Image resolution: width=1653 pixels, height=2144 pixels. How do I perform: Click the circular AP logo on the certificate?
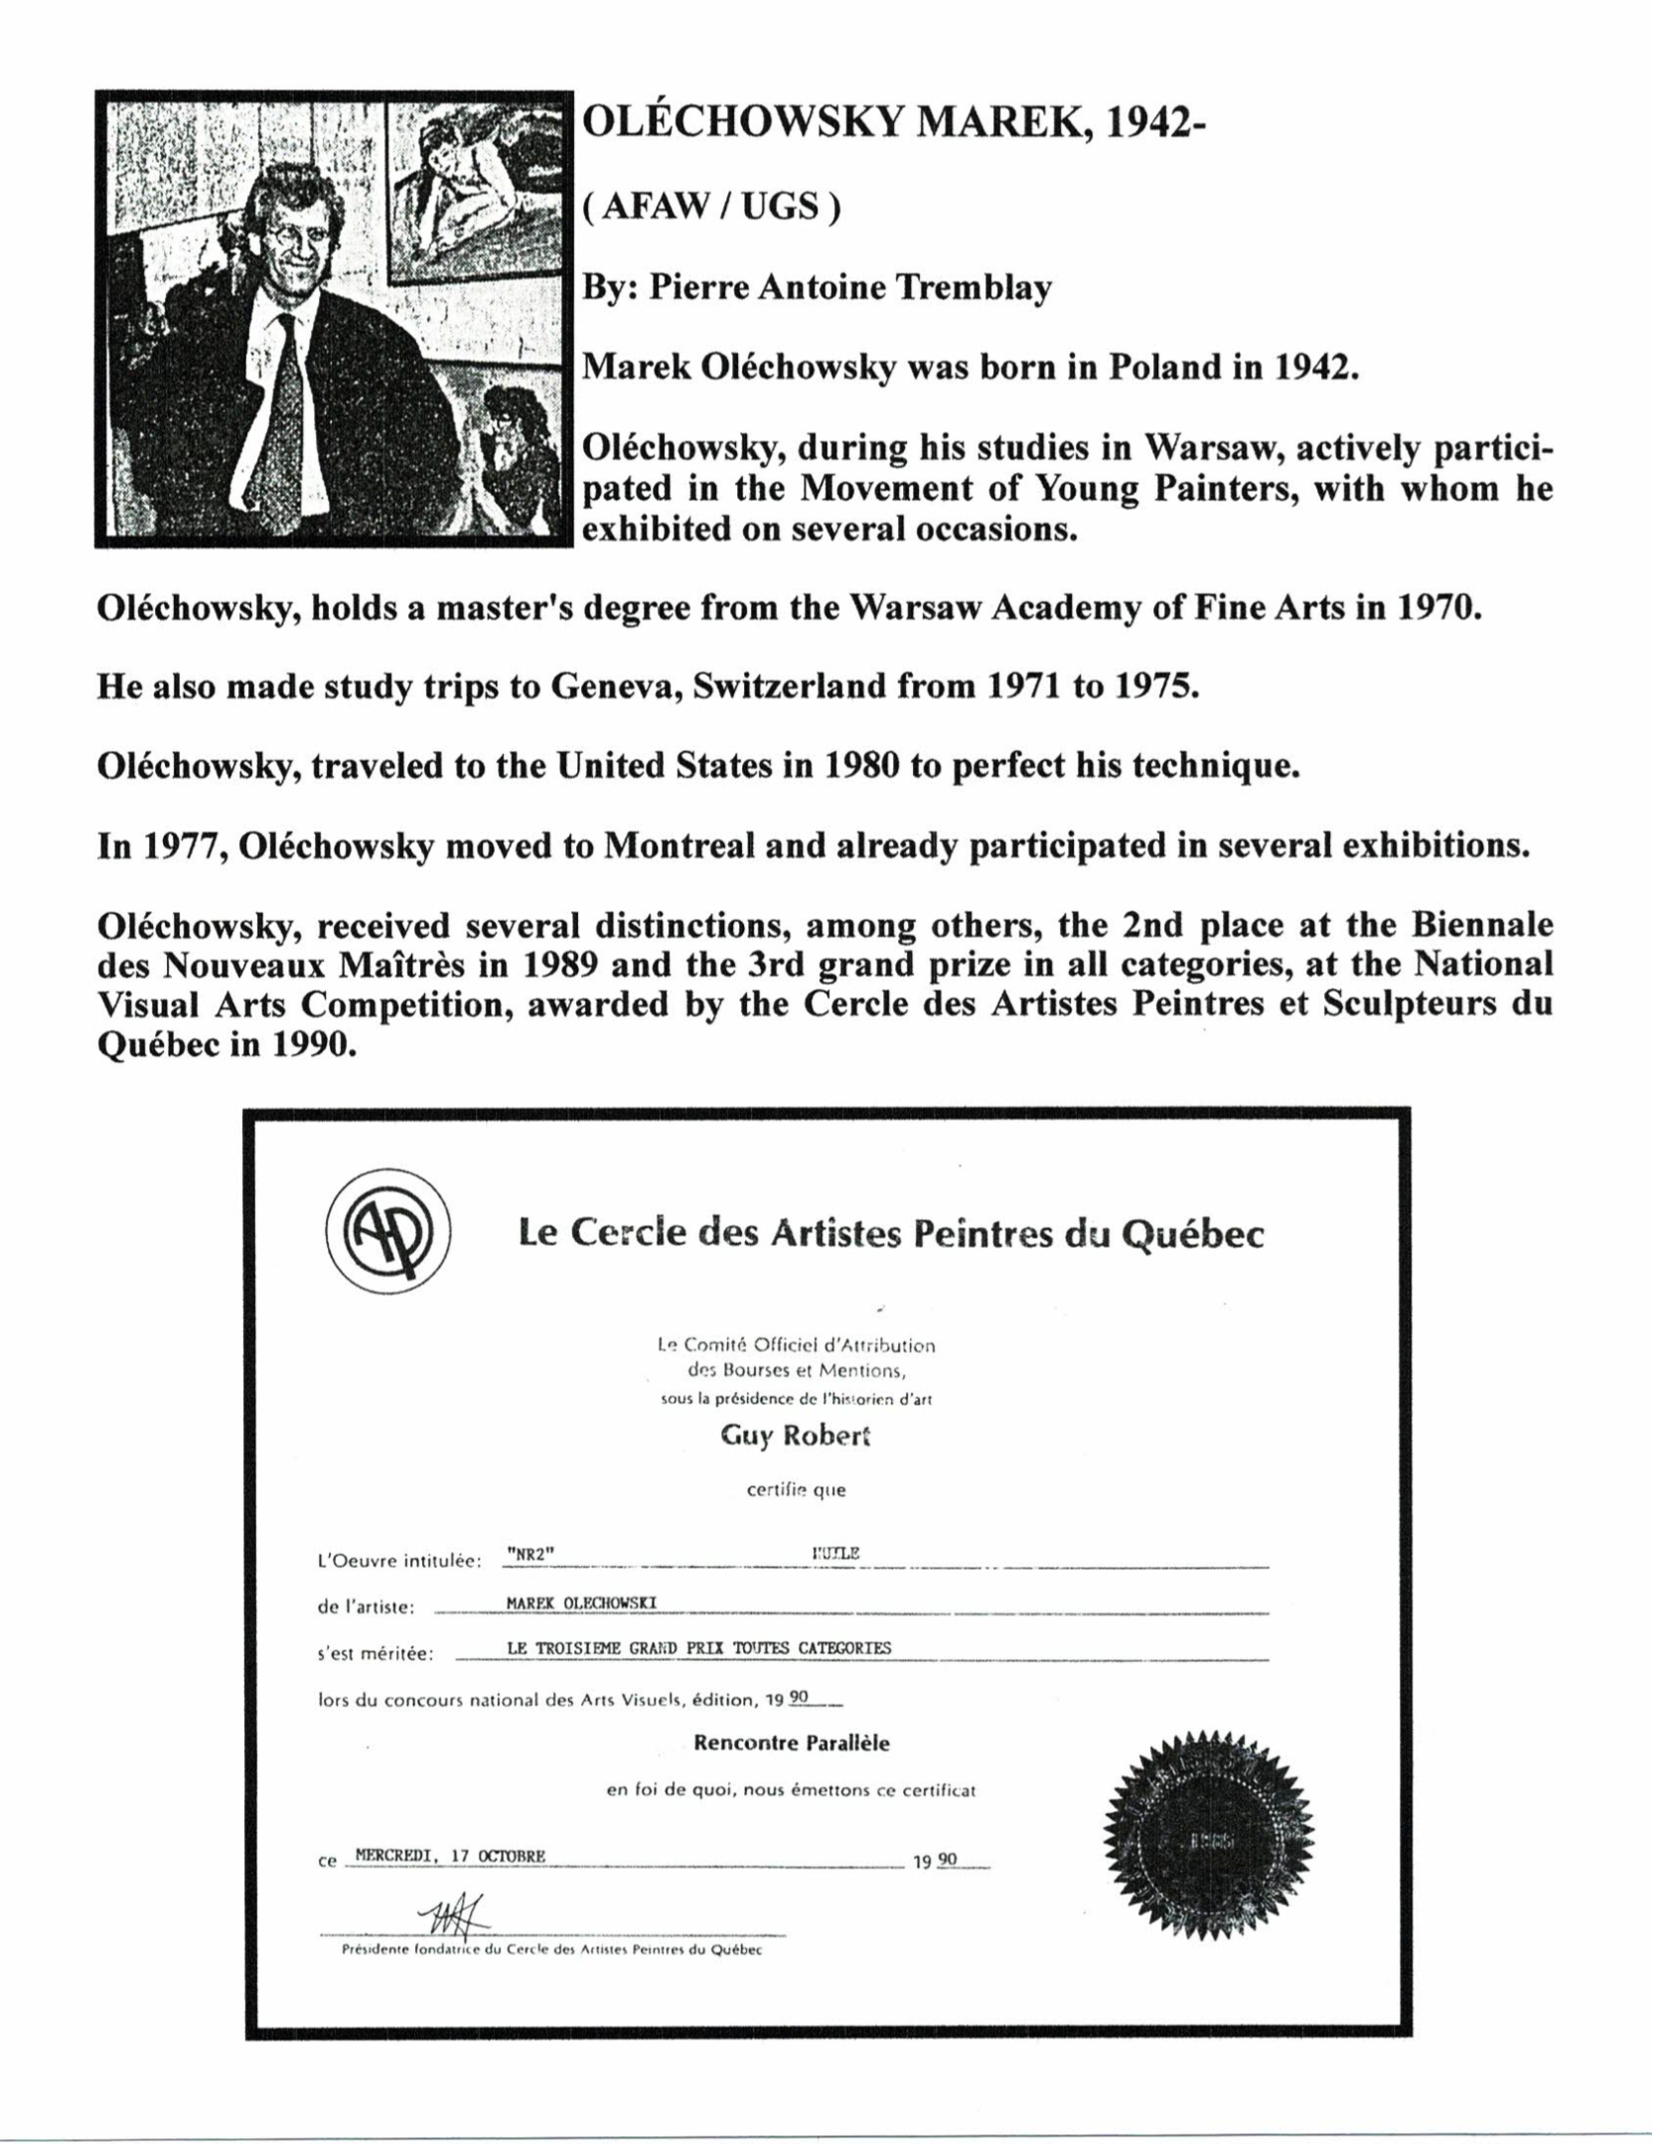390,1234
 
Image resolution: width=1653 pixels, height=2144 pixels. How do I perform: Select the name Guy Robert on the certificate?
796,1437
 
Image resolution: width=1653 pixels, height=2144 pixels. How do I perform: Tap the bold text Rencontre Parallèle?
791,1743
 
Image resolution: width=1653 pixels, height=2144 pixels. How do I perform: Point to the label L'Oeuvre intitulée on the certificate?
398,1561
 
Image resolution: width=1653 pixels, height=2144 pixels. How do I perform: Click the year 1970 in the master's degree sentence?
1438,607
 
